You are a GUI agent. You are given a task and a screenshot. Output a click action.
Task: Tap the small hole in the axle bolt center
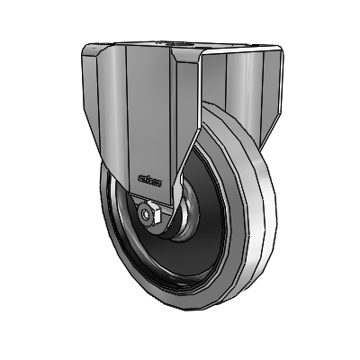click(x=147, y=215)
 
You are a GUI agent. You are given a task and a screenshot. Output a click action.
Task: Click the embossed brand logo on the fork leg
click(x=151, y=179)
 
